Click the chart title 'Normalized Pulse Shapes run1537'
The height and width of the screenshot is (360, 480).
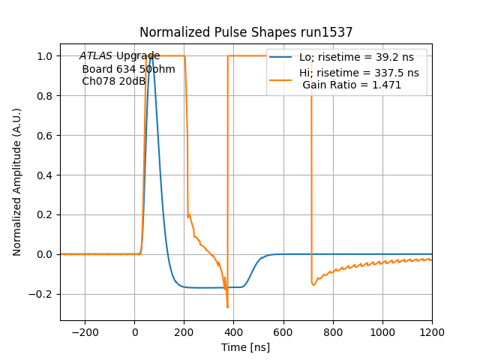coord(246,32)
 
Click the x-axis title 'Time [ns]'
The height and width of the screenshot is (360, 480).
coord(245,347)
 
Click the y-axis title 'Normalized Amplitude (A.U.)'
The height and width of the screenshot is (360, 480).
coord(17,181)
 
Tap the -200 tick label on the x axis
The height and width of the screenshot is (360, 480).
coord(85,331)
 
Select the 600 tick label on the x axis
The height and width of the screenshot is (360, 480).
coord(283,331)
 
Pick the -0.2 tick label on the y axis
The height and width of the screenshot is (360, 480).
coord(43,294)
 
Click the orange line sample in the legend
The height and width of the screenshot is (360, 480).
coord(281,73)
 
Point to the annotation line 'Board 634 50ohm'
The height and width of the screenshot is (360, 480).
coord(128,69)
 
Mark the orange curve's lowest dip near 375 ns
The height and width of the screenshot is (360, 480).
coord(227,307)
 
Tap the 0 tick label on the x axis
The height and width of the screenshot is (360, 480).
coord(135,331)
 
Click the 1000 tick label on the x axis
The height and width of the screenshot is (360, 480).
coord(382,331)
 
